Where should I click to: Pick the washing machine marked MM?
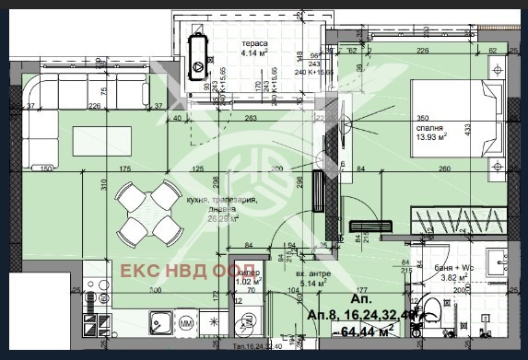pyautogui.click(x=185, y=324)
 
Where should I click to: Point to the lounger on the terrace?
pyautogui.click(x=196, y=56)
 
